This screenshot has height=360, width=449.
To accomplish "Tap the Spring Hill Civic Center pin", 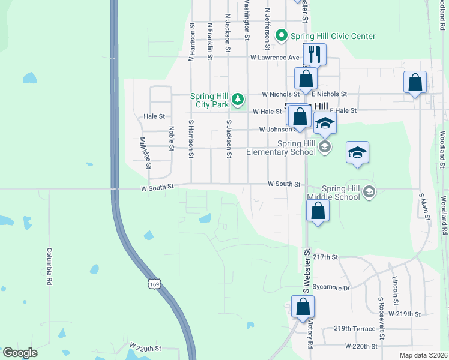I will pyautogui.click(x=280, y=36).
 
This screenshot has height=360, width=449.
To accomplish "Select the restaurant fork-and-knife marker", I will pyautogui.click(x=315, y=55).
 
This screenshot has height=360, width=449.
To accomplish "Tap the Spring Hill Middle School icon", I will pyautogui.click(x=369, y=192).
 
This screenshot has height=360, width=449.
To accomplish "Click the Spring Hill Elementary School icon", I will pyautogui.click(x=324, y=147).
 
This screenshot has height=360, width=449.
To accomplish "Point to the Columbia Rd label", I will pyautogui.click(x=50, y=266).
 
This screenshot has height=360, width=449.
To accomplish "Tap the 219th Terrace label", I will pyautogui.click(x=351, y=329).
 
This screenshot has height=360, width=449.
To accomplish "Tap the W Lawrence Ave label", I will pyautogui.click(x=274, y=58).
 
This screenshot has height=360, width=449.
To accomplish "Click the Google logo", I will pyautogui.click(x=20, y=353).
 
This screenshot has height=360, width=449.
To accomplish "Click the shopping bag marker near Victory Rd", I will pyautogui.click(x=303, y=307).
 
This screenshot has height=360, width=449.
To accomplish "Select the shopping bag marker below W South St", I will pyautogui.click(x=318, y=211).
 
